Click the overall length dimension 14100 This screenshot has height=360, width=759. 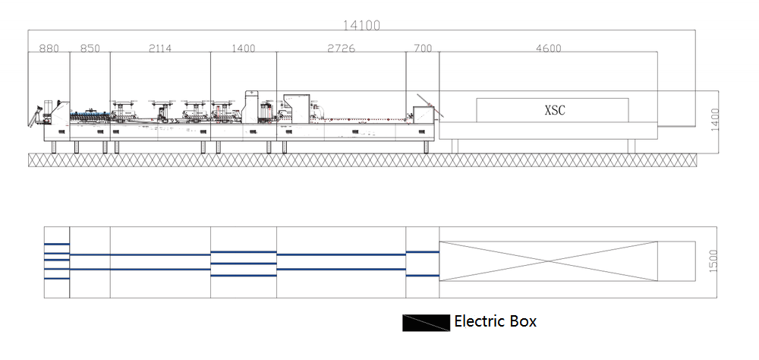(361, 24)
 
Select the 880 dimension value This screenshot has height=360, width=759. (49, 49)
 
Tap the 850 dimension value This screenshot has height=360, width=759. (90, 49)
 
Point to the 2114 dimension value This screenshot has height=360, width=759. (160, 49)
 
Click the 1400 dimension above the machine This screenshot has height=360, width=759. (244, 49)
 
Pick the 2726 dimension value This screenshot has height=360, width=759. (341, 49)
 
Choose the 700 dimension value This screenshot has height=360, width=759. (423, 49)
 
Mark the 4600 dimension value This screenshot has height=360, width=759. (548, 49)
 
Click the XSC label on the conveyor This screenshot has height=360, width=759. (554, 110)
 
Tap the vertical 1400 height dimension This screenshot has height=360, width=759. (714, 119)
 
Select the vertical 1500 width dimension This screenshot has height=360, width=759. (713, 262)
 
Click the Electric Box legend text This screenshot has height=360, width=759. (495, 321)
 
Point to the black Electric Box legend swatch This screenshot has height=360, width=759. (426, 323)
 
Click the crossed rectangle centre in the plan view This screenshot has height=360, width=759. (549, 261)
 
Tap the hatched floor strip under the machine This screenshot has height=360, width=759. (362, 159)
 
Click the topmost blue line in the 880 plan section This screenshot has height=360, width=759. (57, 244)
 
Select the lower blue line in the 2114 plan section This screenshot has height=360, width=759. (160, 269)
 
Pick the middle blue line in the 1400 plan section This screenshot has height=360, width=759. (244, 264)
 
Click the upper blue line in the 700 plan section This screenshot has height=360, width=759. (423, 251)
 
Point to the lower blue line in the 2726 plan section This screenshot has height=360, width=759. (341, 269)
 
